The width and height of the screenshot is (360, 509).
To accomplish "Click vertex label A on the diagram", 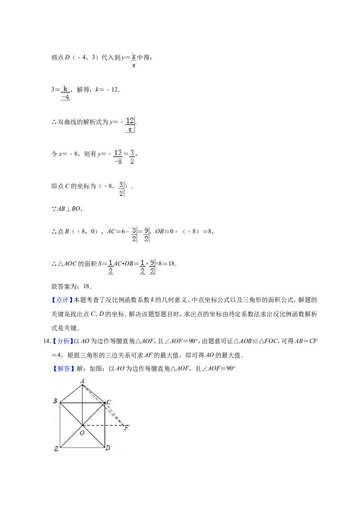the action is [x=82, y=381].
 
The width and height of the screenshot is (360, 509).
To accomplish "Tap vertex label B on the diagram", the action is [x=55, y=401].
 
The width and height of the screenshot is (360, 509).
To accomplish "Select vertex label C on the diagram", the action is [x=109, y=402].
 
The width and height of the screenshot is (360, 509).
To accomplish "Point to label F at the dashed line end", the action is [x=126, y=428].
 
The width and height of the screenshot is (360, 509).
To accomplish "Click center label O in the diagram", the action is [x=82, y=433].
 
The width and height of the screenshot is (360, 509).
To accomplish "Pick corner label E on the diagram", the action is [x=56, y=449].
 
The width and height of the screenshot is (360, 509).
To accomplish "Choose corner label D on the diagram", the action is [x=108, y=448].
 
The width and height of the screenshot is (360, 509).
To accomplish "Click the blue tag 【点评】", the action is [x=61, y=300].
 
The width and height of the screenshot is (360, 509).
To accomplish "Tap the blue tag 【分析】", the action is [x=62, y=341].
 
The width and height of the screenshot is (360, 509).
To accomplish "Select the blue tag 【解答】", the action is [x=62, y=369].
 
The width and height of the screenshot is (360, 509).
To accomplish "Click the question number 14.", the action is [x=46, y=341].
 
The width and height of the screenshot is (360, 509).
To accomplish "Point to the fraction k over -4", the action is [x=65, y=93].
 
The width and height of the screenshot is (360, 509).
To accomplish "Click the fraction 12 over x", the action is [x=130, y=125].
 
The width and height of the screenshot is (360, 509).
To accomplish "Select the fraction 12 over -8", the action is [x=118, y=157].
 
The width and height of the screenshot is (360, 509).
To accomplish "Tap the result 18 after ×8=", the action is [x=172, y=263].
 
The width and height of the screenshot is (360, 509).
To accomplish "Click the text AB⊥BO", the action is [x=70, y=209].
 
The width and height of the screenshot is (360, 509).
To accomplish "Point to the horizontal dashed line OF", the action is [x=103, y=425].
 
